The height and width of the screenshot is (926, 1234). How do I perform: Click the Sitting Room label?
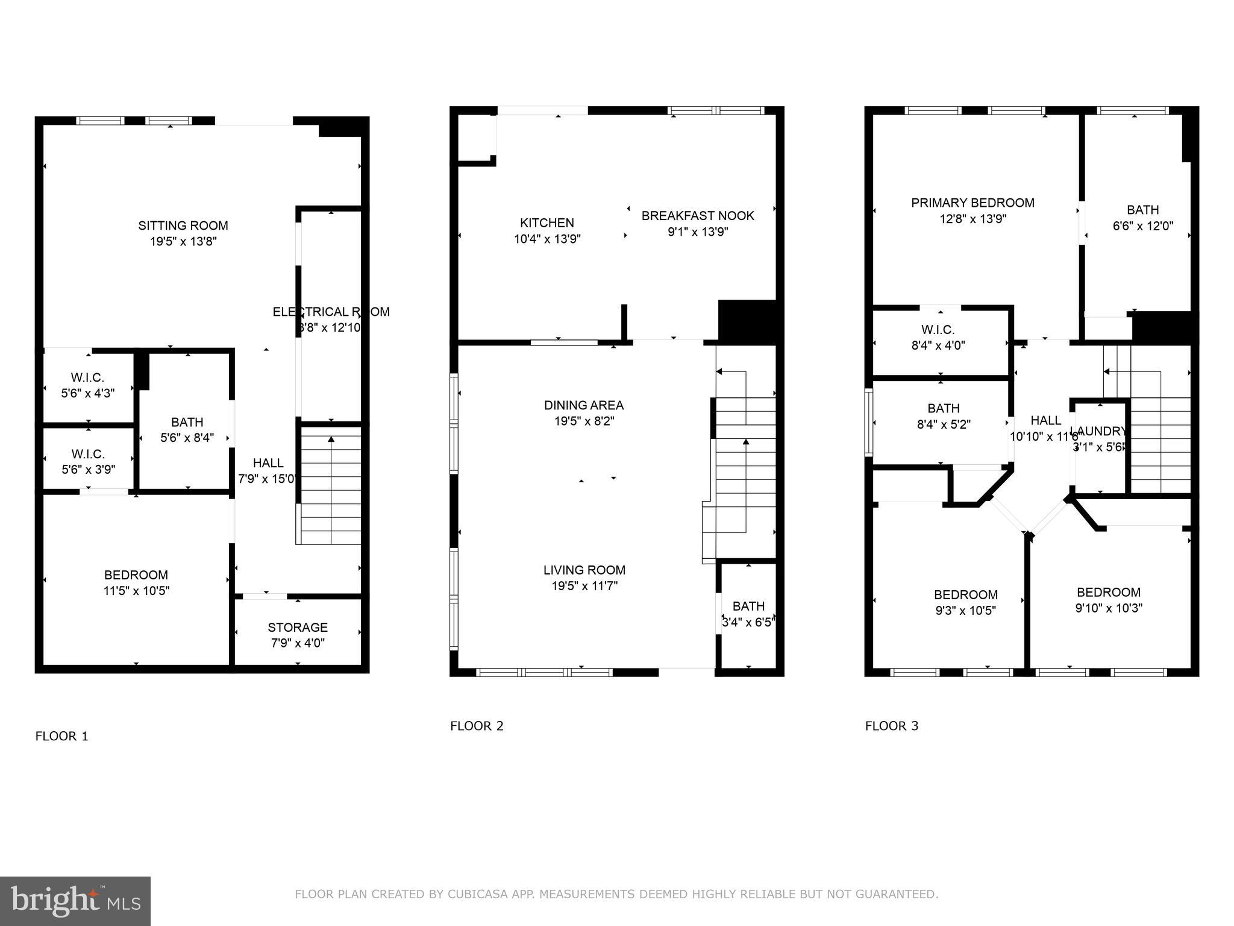click(x=183, y=225)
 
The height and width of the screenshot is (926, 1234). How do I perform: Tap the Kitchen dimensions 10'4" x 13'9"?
click(x=547, y=239)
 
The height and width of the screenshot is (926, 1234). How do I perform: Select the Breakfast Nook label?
click(x=698, y=216)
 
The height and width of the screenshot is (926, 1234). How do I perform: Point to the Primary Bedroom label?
click(x=972, y=203)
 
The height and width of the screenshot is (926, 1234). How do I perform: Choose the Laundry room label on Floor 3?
click(x=1098, y=432)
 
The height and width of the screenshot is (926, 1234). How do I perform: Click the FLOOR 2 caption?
click(x=477, y=726)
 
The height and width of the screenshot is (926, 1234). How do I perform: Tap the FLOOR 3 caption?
click(x=892, y=726)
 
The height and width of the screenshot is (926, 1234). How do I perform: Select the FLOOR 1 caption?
click(x=62, y=736)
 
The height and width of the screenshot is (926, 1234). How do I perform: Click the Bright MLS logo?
click(x=75, y=901)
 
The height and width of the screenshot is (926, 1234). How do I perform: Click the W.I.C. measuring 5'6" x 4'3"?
click(x=88, y=385)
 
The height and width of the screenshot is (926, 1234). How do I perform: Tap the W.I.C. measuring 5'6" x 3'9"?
click(x=88, y=461)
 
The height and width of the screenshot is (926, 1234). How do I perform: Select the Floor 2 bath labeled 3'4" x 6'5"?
click(x=748, y=614)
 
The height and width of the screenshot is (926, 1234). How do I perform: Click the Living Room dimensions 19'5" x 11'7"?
click(x=584, y=586)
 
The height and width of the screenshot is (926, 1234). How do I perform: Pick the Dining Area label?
click(x=584, y=405)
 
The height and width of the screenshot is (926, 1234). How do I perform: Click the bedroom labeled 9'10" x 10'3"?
click(x=1109, y=600)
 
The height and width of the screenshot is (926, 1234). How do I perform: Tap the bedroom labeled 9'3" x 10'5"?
click(x=966, y=602)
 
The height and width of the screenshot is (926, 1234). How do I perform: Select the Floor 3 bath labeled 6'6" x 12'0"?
click(x=1142, y=218)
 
